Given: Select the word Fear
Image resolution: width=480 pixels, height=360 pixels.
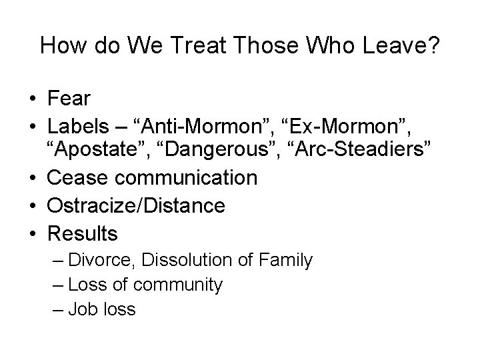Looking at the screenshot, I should pos(69,99).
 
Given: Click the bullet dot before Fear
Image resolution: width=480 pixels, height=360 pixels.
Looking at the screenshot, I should pos(32,99).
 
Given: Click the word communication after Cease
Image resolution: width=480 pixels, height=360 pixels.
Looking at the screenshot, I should pos(186,179).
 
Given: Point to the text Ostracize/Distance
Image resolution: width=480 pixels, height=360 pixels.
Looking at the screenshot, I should pos(136,206).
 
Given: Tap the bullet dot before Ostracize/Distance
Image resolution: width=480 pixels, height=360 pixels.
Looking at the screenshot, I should pos(32,206).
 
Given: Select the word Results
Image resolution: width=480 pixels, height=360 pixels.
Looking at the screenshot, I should pos(82,233).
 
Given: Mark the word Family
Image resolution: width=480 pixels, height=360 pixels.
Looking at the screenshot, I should pos(286,261).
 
